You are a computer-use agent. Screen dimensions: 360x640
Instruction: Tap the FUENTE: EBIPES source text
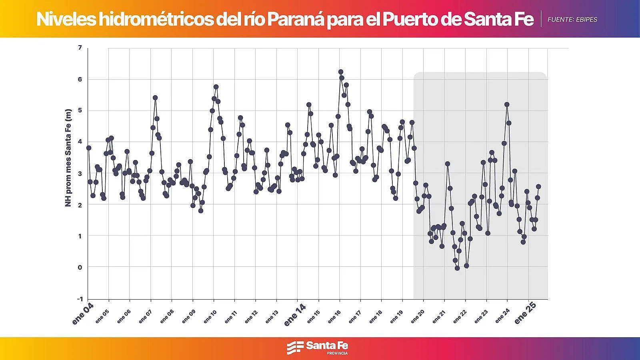[x=572, y=19]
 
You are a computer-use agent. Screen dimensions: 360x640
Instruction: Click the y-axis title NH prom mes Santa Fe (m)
[x=68, y=158]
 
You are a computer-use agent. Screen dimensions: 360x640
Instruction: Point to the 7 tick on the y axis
[x=80, y=48]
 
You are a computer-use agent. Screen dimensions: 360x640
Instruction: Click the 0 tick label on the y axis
[x=80, y=267]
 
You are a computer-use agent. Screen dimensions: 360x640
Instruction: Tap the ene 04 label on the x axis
[x=83, y=314]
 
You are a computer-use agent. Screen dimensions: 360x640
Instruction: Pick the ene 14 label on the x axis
[x=295, y=315]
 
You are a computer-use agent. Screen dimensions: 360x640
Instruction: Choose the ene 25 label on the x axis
[x=525, y=314]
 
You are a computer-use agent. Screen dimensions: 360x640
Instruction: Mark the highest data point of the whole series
[x=341, y=72]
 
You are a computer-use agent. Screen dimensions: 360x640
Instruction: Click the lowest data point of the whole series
[x=457, y=268]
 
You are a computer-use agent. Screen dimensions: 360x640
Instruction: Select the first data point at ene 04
[x=89, y=148]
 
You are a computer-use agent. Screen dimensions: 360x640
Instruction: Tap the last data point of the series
[x=538, y=186]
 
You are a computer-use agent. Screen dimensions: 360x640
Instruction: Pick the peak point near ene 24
[x=507, y=104]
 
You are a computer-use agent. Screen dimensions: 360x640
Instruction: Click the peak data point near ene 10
[x=216, y=87]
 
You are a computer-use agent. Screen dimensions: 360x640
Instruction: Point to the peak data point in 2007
[x=155, y=98]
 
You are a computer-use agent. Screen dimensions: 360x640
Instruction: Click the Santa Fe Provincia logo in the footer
[x=317, y=348]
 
